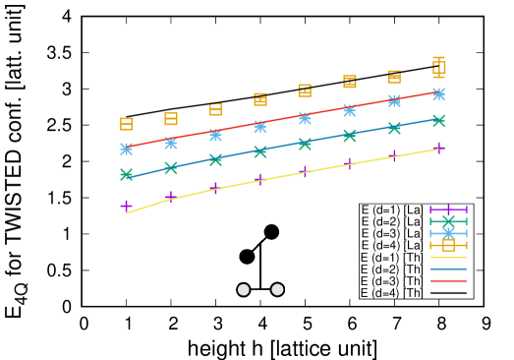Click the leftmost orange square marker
[126, 124]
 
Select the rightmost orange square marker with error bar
[439, 67]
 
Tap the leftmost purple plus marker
[126, 206]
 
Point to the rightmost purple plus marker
[438, 148]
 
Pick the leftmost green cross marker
[126, 174]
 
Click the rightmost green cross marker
[438, 121]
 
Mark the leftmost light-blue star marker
[126, 149]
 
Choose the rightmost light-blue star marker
[438, 94]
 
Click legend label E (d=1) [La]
[391, 210]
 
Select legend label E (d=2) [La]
[391, 221]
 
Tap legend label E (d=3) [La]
[391, 233]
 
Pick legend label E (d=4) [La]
[391, 245]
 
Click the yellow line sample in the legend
[448, 257]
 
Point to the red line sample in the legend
[448, 280]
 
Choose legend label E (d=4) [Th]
[391, 292]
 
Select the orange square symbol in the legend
[448, 245]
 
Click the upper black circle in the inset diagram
[271, 232]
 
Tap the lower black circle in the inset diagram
[247, 257]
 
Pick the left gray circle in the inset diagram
[244, 289]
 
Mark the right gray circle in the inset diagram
[277, 289]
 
